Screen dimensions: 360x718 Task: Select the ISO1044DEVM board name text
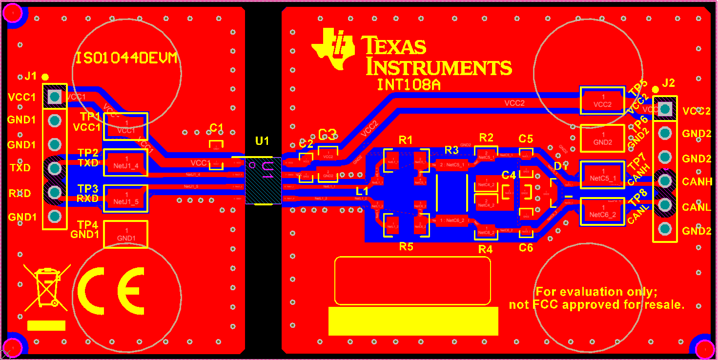[126, 59]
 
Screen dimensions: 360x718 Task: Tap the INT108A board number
[409, 85]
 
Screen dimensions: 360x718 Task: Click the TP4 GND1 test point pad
[126, 235]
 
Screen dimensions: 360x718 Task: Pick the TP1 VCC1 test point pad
[126, 126]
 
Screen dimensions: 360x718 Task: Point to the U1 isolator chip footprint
[263, 180]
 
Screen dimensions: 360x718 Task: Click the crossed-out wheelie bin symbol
[46, 288]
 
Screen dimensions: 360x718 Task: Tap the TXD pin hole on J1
[55, 168]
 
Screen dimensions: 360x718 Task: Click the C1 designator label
[216, 128]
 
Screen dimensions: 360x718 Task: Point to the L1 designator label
[362, 192]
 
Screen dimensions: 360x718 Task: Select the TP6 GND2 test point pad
[602, 139]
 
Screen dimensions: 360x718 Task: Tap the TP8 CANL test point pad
[602, 212]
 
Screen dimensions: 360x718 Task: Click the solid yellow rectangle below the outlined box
[413, 321]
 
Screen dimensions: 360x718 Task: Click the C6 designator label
[526, 248]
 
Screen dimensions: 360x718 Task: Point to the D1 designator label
[561, 166]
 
